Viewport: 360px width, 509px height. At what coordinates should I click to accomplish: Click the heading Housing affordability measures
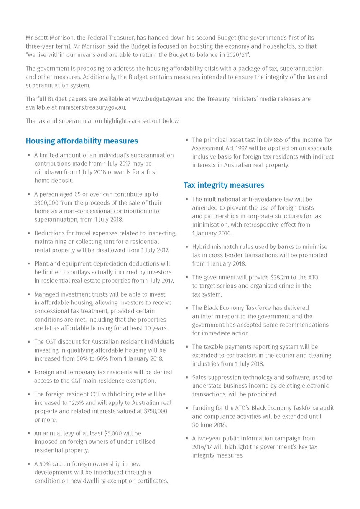click(82, 141)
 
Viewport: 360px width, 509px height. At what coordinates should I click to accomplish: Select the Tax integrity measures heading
click(224, 185)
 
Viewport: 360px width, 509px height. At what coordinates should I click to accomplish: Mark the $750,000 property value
click(156, 411)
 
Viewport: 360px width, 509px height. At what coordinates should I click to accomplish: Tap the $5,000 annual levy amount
click(120, 433)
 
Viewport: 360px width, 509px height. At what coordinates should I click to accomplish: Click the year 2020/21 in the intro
click(241, 55)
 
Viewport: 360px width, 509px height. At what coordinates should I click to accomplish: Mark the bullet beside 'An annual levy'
click(28, 434)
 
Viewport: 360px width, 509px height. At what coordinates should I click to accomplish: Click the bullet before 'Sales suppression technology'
click(186, 378)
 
